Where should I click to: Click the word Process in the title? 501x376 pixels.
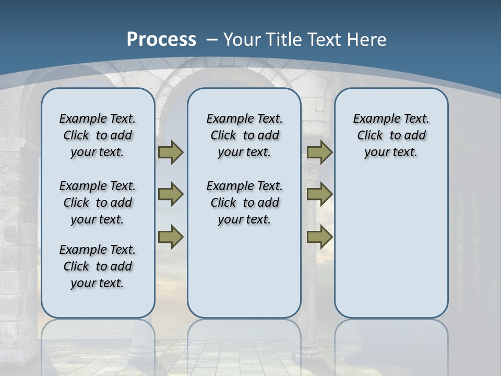[161, 40]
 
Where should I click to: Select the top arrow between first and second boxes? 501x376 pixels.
[170, 152]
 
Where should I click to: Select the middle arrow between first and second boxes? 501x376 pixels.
[170, 194]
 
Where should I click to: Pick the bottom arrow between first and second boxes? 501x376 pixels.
[170, 237]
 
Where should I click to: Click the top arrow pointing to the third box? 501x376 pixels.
[319, 152]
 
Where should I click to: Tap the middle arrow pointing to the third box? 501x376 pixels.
[319, 194]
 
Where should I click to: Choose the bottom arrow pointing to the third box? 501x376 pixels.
[319, 237]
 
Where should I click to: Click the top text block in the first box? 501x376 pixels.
[98, 135]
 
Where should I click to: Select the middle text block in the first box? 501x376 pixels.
[98, 203]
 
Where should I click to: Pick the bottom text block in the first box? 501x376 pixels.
[98, 266]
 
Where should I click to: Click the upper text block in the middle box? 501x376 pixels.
[244, 135]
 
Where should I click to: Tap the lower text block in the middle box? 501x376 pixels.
[244, 203]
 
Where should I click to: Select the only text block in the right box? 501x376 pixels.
[391, 135]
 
